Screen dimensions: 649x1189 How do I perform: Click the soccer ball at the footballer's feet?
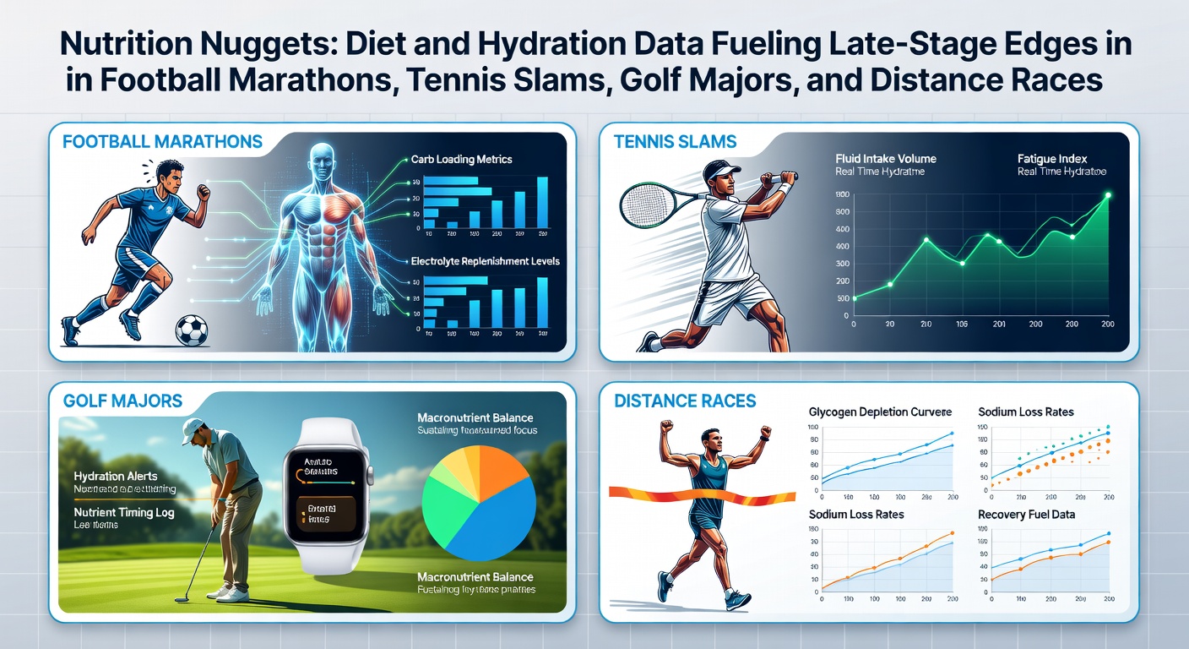coord(191,330)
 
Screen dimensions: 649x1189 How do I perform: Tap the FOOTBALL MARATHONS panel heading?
coord(162,142)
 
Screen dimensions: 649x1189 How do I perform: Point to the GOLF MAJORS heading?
coord(122,401)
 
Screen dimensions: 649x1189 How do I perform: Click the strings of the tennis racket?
coord(645,205)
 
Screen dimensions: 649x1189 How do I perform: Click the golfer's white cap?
coord(193,426)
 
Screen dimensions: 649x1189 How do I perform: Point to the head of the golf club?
coord(181,598)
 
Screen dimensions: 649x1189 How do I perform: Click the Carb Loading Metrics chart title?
coord(461,159)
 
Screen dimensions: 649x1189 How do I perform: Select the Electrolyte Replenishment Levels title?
coord(485,261)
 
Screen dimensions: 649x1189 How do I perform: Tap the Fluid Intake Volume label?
coord(885,159)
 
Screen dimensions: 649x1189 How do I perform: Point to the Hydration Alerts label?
coord(116,477)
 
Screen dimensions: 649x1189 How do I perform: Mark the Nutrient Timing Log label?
coord(124,512)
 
